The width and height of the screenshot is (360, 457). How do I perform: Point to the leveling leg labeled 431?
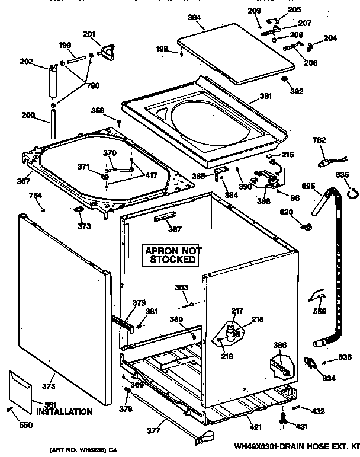point(283,418)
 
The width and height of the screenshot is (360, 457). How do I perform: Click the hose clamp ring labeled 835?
point(353,191)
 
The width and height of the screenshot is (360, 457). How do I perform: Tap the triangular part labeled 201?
point(108,52)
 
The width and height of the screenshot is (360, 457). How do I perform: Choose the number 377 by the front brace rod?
point(153,431)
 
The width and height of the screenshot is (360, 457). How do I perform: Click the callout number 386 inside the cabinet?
point(279,345)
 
